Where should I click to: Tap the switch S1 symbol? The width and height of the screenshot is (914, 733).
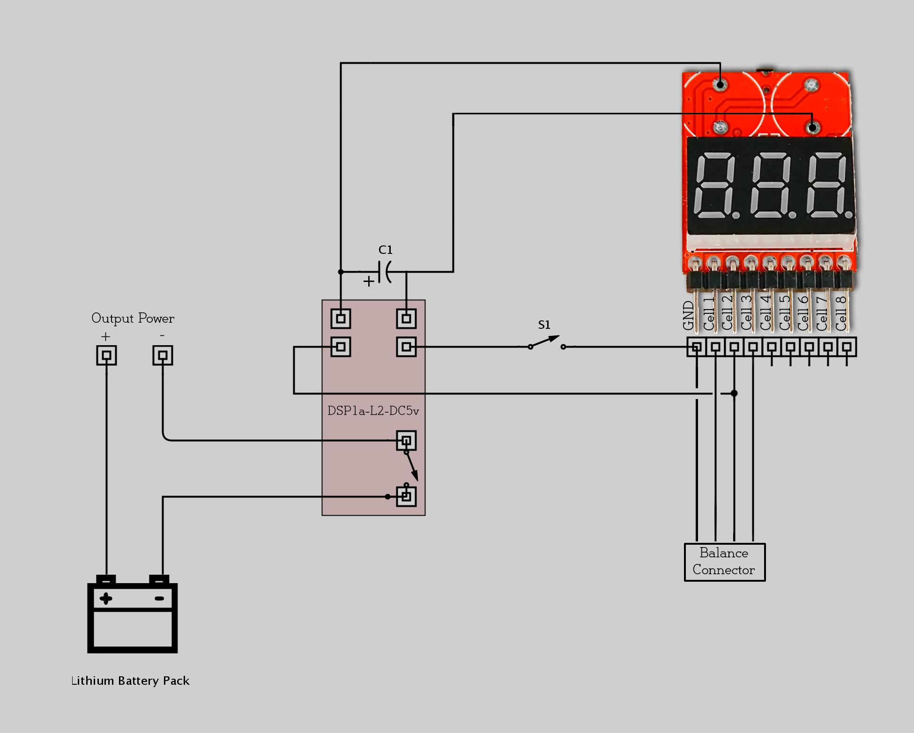tap(546, 342)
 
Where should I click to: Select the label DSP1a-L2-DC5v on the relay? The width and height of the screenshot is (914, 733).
tap(373, 411)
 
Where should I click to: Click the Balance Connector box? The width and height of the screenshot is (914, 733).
tap(724, 562)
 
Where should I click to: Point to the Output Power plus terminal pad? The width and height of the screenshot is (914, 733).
tap(106, 355)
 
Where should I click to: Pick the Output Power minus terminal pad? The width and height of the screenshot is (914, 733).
tap(163, 355)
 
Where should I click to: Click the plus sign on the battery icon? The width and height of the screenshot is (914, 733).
tap(106, 599)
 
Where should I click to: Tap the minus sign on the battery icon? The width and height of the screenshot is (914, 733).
tap(159, 599)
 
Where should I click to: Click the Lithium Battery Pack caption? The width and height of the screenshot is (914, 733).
tap(130, 681)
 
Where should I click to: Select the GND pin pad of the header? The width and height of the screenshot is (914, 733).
tap(697, 347)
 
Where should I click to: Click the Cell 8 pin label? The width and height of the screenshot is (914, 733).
tap(841, 313)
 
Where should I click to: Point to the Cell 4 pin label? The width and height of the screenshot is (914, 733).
tap(765, 313)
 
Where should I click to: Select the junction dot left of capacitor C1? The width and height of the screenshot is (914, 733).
tap(341, 272)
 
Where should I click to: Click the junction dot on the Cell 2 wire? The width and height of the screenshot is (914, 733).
tap(734, 393)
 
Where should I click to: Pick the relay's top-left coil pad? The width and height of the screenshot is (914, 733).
tap(341, 319)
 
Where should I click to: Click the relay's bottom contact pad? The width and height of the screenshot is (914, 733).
tap(406, 496)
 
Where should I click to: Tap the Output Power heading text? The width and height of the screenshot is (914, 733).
tap(133, 318)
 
